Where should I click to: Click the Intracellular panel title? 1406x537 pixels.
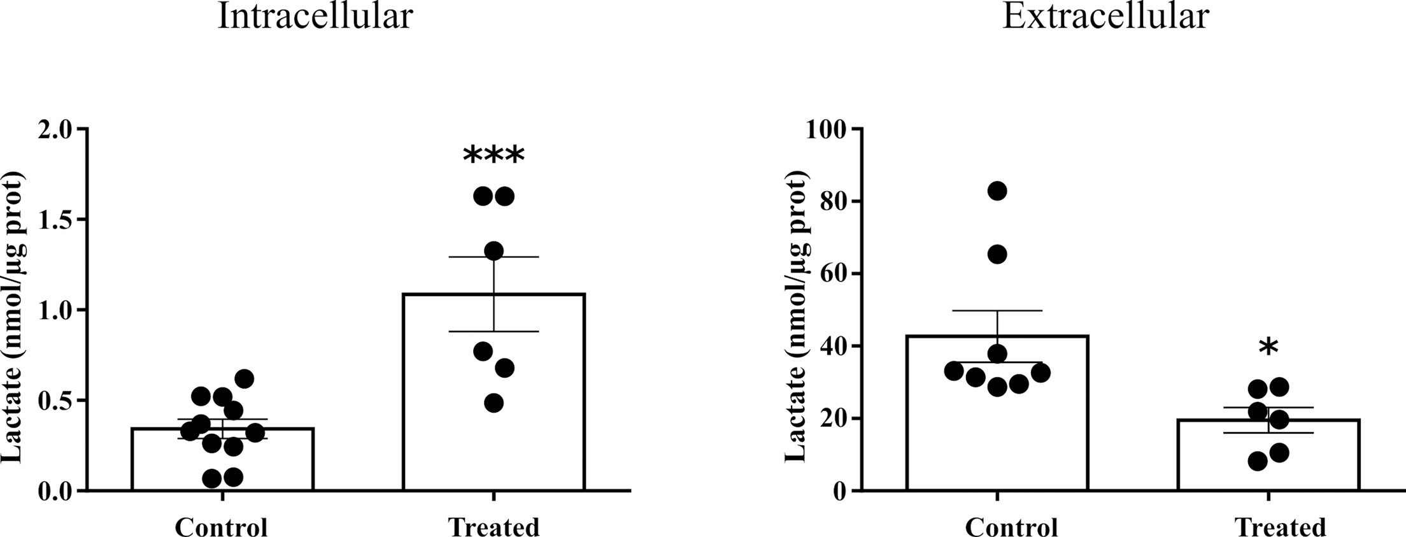tap(315, 17)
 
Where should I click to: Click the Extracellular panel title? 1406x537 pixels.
tap(1105, 17)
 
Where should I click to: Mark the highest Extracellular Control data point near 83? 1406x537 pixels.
tap(997, 190)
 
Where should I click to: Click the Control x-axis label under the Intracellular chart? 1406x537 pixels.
tap(222, 527)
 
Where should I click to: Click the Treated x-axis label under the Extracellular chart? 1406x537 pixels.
tap(1281, 527)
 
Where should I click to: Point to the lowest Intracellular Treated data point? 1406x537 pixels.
tap(494, 403)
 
